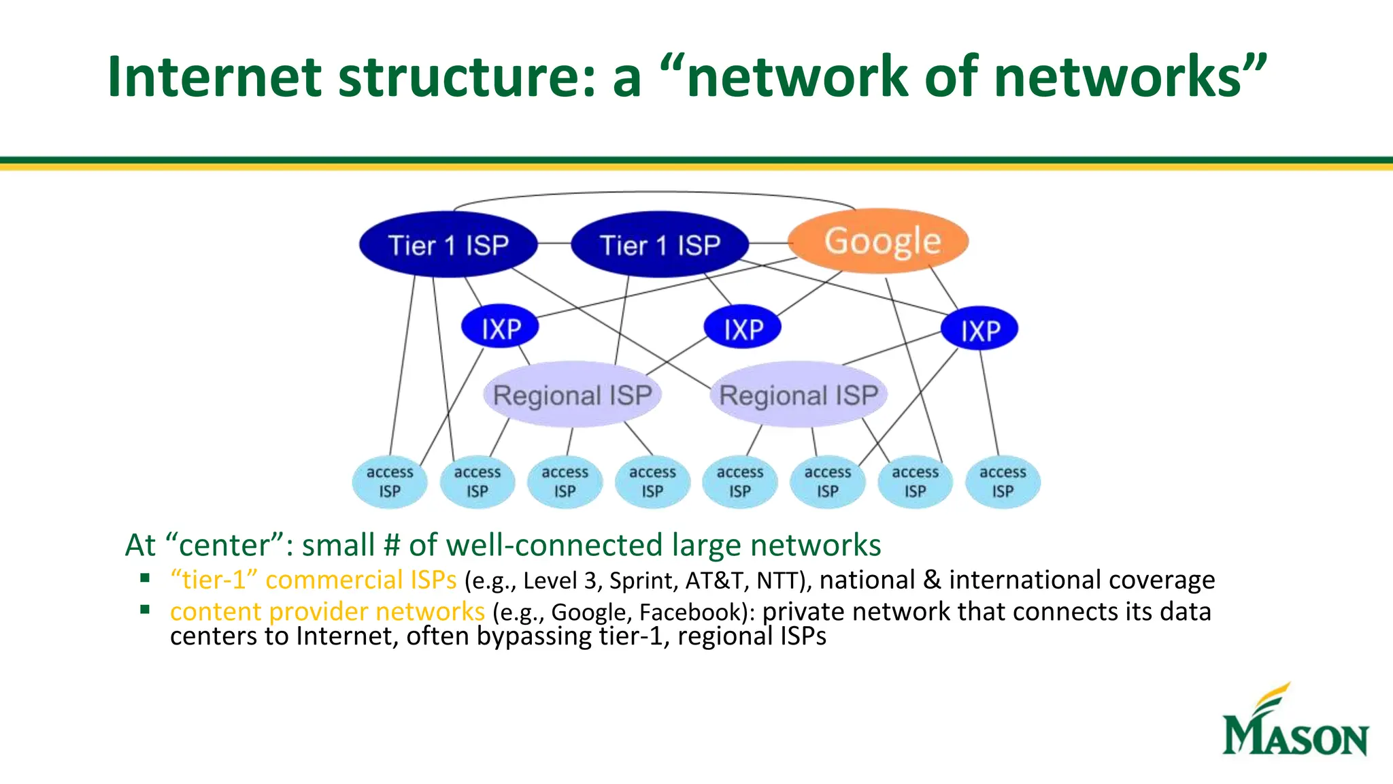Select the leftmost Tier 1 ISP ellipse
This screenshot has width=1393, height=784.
[448, 245]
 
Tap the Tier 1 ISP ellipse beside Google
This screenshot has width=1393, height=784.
[660, 245]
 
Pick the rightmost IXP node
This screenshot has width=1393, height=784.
[979, 329]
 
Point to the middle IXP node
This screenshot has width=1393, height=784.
[742, 328]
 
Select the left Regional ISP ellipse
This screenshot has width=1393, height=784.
[572, 395]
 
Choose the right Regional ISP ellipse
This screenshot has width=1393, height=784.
[799, 395]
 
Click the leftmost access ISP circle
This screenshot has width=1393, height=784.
[390, 482]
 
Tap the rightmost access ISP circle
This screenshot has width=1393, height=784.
[1003, 482]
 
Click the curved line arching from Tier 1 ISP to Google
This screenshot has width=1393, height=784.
[653, 193]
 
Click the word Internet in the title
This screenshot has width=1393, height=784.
[215, 76]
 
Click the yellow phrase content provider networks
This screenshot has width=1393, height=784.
[327, 612]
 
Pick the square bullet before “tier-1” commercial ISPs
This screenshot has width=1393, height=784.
[145, 578]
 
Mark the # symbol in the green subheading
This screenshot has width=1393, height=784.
[392, 546]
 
